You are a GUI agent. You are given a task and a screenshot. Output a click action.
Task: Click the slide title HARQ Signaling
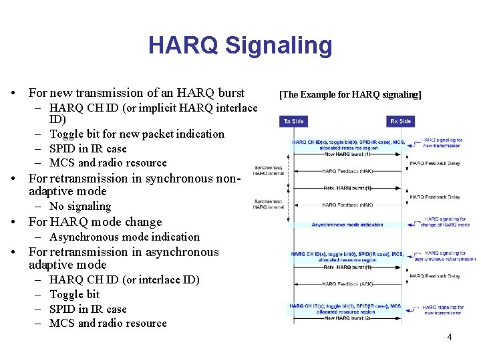(240, 45)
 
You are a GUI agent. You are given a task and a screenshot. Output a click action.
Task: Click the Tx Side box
(293, 121)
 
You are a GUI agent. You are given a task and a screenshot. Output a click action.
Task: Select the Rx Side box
(400, 121)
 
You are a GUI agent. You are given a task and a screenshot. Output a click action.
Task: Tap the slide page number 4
(449, 337)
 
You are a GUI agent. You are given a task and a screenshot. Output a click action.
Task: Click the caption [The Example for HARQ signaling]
(350, 94)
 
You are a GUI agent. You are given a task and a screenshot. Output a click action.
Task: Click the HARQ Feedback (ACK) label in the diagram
(347, 284)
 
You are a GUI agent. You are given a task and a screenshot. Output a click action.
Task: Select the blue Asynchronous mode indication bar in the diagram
(347, 225)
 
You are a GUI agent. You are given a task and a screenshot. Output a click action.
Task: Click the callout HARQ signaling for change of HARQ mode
(446, 222)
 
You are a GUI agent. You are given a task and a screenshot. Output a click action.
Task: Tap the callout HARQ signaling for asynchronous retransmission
(448, 255)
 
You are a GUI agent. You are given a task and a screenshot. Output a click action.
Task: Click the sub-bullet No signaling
(80, 207)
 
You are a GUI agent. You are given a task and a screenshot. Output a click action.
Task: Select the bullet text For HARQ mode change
(95, 222)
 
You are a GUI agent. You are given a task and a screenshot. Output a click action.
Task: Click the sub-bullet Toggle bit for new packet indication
(137, 134)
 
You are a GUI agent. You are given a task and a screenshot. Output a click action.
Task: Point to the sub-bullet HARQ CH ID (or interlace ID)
(124, 279)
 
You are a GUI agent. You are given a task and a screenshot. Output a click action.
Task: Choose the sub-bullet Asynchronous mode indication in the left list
(124, 237)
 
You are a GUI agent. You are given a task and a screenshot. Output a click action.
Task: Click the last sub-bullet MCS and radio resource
(108, 324)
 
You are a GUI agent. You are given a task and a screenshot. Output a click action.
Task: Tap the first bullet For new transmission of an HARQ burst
(136, 93)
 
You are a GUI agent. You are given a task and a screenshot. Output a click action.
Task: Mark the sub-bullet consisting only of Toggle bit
(74, 294)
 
